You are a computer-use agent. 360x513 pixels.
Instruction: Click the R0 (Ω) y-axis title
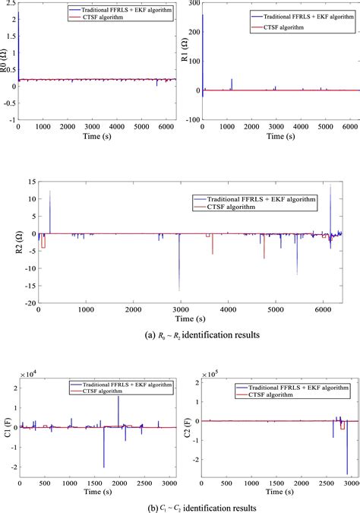pyautogui.click(x=5, y=61)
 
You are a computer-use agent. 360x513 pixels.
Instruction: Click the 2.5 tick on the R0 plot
pyautogui.click(x=9, y=3)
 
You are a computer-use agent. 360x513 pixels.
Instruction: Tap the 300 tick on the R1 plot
pyautogui.click(x=194, y=3)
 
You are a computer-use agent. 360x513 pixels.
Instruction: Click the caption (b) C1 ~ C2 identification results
pyautogui.click(x=180, y=506)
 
